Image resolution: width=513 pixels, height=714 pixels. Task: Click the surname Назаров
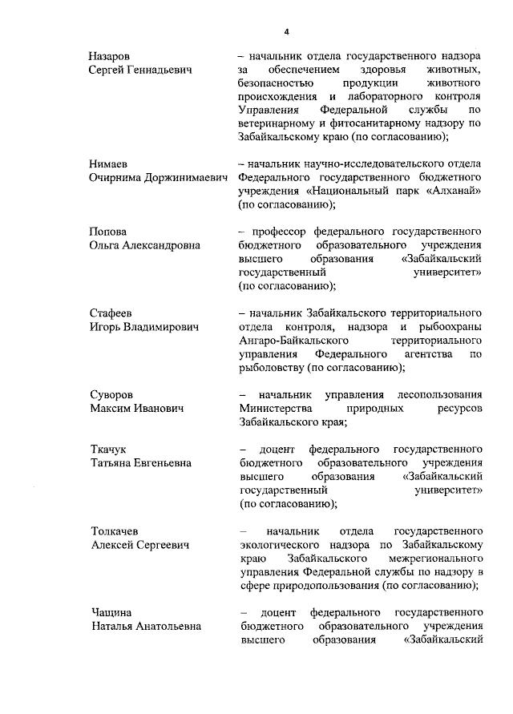109,57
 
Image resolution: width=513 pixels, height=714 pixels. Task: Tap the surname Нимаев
108,163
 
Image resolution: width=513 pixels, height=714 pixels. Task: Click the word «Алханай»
453,192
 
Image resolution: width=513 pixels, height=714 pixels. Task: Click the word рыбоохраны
452,325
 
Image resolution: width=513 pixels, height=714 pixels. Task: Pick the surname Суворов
111,395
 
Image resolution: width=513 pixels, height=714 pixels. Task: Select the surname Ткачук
108,450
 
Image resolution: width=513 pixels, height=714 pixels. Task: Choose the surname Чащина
111,612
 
